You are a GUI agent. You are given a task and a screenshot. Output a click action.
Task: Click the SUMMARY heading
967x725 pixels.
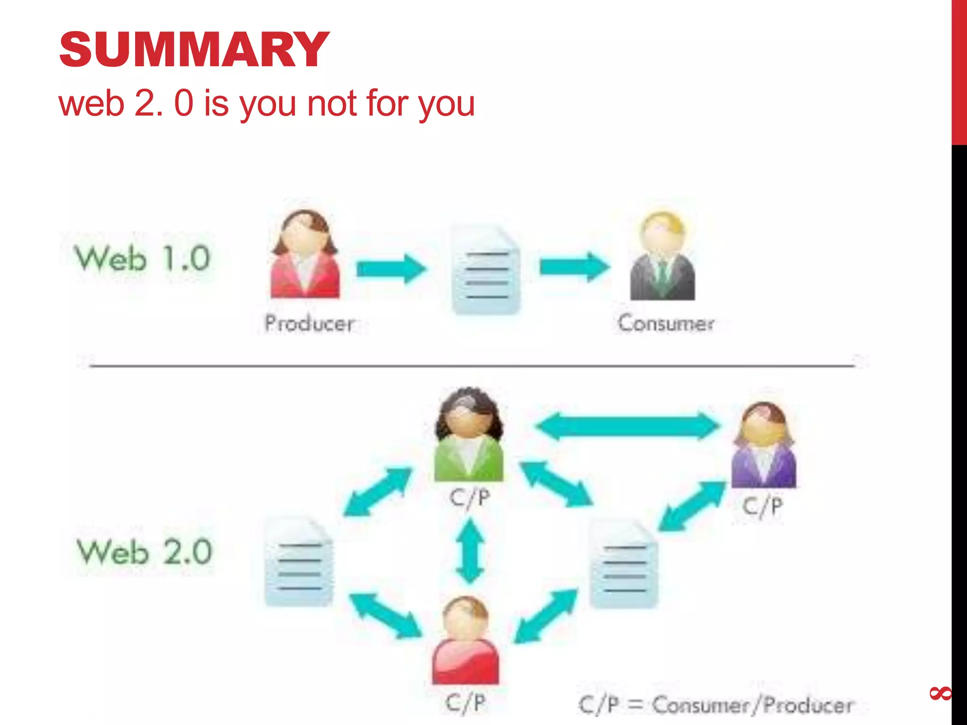[x=194, y=50]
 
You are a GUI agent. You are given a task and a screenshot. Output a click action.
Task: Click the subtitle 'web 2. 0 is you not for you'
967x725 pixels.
[x=266, y=103]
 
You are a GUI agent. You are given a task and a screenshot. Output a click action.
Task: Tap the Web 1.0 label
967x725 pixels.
[x=142, y=259]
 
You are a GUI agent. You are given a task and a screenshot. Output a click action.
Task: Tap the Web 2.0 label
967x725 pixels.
[x=144, y=551]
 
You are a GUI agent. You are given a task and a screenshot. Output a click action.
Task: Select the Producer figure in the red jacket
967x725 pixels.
[x=305, y=255]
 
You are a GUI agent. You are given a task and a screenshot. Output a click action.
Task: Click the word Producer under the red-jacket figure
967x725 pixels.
[x=309, y=323]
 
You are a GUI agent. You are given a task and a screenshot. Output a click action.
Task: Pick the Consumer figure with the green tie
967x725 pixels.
[x=662, y=257]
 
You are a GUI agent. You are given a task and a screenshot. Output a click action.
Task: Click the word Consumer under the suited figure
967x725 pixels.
[x=666, y=323]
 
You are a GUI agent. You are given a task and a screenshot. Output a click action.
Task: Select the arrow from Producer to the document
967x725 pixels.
[x=391, y=269]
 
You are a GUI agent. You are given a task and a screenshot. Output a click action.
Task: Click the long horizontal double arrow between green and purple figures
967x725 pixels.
[x=627, y=426]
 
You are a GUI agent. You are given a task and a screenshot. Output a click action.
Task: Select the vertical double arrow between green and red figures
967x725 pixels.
[x=470, y=551]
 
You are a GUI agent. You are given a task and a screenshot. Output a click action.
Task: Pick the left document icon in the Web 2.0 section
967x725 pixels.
[x=299, y=563]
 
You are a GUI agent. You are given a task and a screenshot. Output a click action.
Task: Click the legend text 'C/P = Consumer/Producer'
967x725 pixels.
[x=716, y=705]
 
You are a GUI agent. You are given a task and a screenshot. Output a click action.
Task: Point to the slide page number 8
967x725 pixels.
[x=940, y=693]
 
